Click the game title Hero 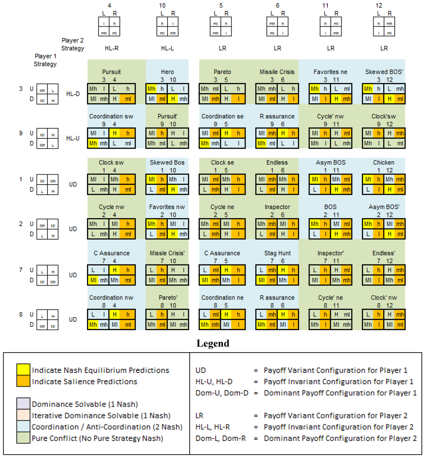[168, 72]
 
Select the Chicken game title [384, 162]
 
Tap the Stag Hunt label [277, 253]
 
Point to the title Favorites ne [330, 72]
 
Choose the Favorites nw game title [167, 207]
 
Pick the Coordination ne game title [222, 298]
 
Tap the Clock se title [222, 162]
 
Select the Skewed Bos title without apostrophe [167, 162]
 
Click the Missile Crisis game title [277, 72]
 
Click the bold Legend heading [213, 344]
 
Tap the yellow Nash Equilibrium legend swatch [23, 370]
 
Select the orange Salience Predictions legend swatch [23, 381]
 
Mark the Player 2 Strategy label [73, 44]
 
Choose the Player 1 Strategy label [46, 60]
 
